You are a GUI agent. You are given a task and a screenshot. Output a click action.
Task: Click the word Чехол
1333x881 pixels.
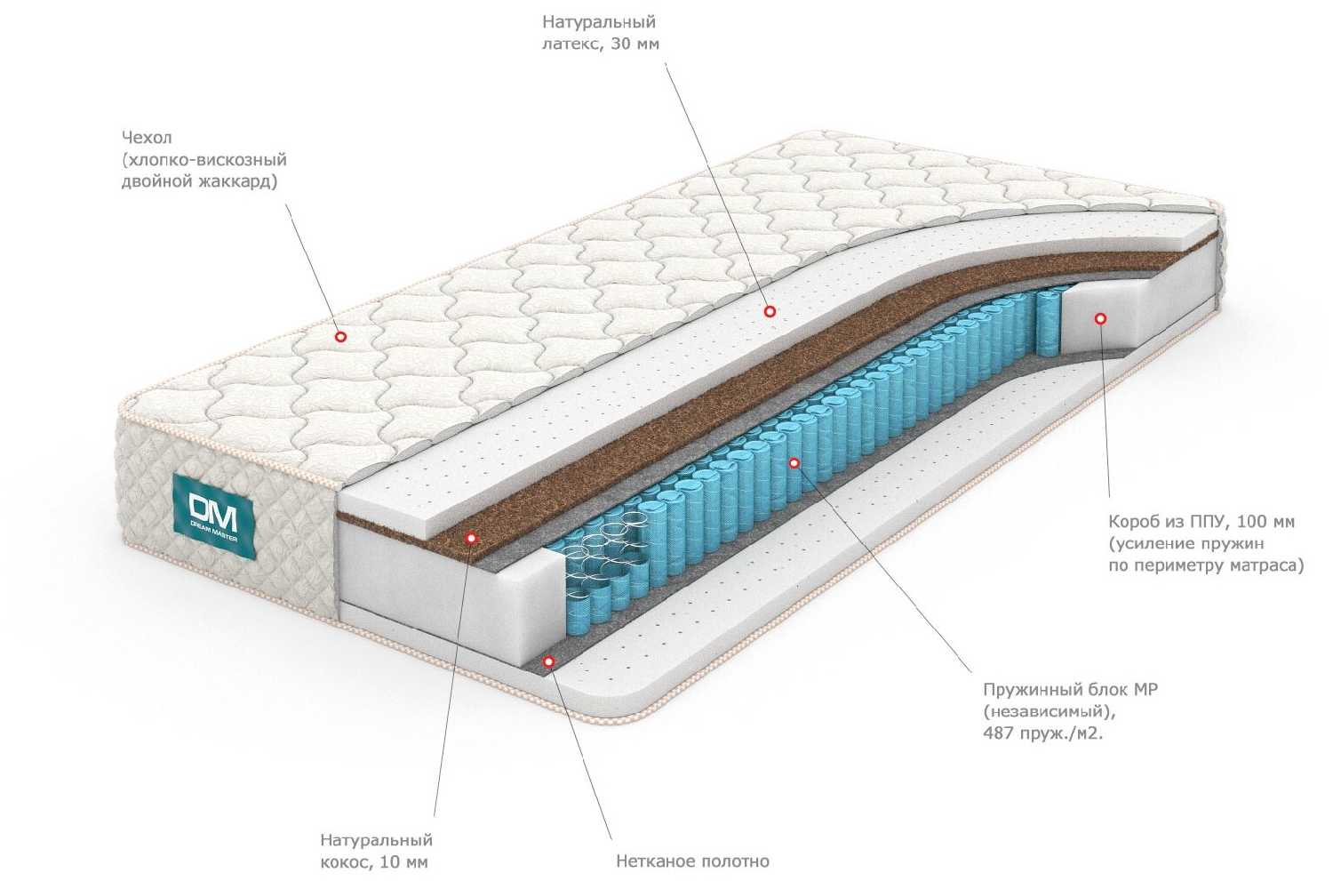pos(147,138)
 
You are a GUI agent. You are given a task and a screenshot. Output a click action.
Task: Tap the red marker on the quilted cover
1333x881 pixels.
pos(339,336)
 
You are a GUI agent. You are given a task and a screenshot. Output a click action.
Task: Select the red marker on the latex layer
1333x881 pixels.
pos(770,311)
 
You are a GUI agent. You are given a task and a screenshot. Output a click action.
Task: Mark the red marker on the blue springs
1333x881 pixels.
pos(794,462)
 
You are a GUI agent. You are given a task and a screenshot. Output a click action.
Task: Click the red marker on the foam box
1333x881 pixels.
pos(1100,318)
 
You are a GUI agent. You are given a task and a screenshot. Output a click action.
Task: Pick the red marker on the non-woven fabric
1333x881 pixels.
pos(549,661)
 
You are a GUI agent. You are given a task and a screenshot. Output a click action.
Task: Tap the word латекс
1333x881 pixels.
pos(573,44)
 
